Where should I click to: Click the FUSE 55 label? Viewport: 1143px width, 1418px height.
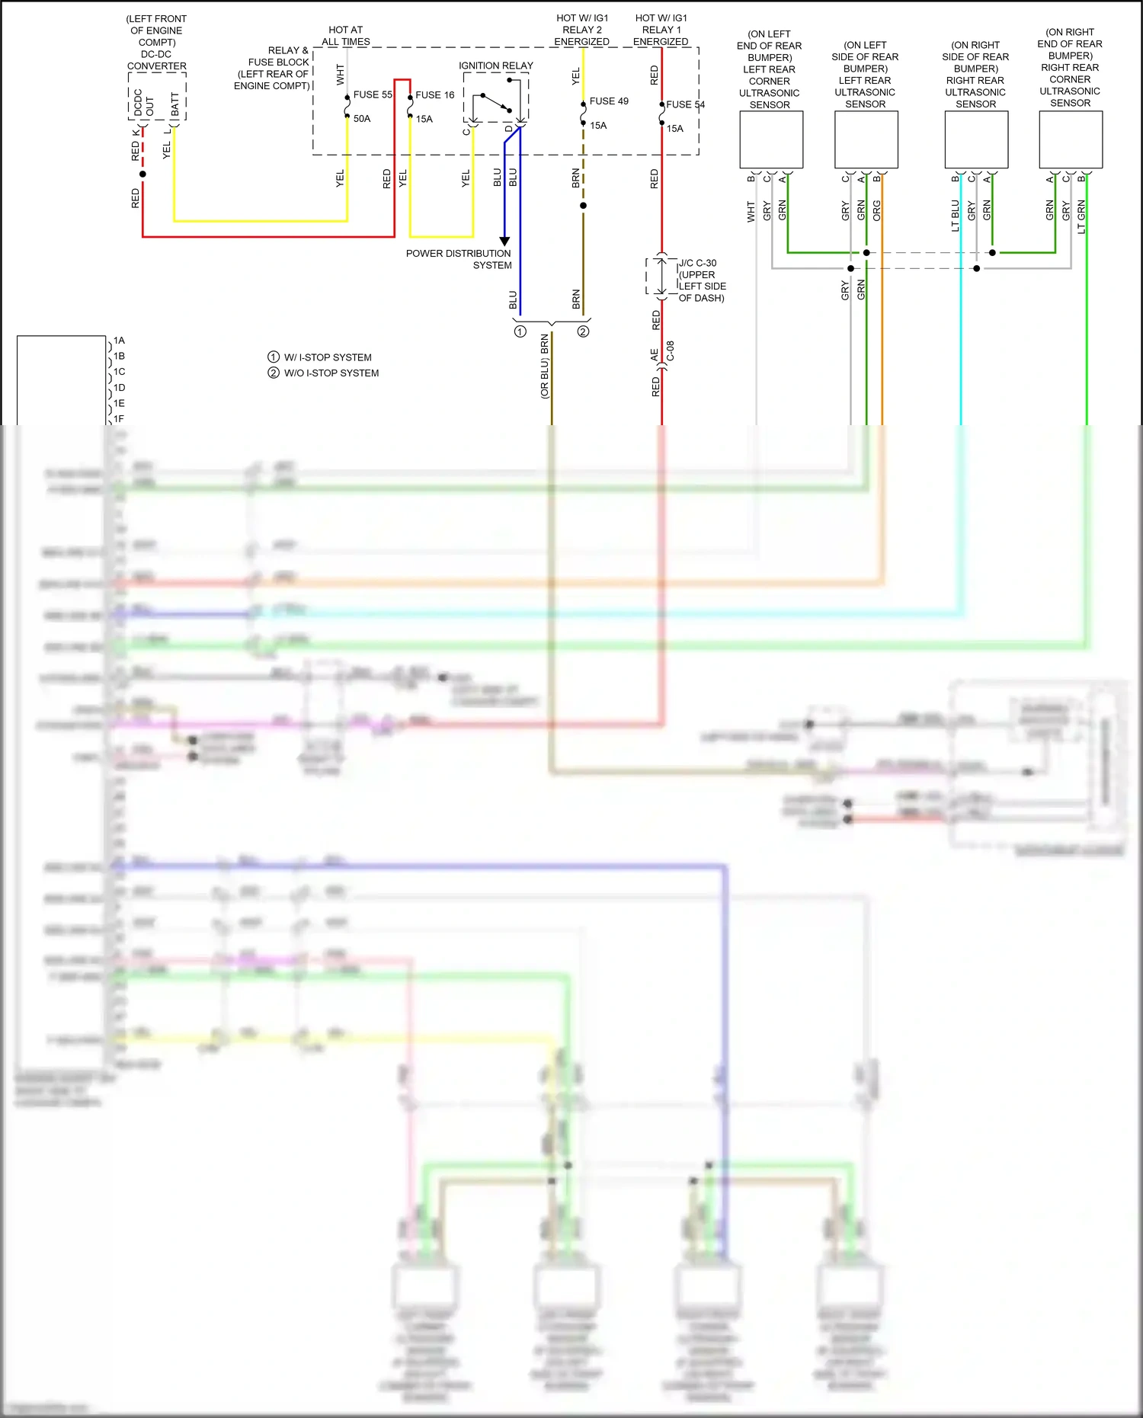[x=372, y=94]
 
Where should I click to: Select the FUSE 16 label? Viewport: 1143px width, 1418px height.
[x=434, y=94]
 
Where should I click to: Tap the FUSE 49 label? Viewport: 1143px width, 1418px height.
[x=609, y=101]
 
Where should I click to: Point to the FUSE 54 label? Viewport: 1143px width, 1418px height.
[x=685, y=104]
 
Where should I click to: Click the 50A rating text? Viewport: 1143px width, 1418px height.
[x=362, y=119]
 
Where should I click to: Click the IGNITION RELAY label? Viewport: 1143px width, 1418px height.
[x=496, y=66]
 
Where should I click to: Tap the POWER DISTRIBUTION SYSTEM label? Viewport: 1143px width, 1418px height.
[x=459, y=259]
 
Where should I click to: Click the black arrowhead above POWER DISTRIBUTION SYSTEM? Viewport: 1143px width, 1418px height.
[x=504, y=241]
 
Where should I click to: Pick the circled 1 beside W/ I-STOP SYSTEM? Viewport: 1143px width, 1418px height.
[x=274, y=357]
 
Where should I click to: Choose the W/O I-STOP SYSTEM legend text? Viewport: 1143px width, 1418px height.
[x=331, y=373]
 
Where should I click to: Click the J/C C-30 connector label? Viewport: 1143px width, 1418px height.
[x=697, y=263]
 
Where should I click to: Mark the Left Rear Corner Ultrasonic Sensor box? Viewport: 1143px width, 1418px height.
[x=771, y=140]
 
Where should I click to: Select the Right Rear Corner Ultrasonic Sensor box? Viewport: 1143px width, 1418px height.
[x=1071, y=140]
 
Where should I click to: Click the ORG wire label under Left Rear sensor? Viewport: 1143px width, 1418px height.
[x=877, y=210]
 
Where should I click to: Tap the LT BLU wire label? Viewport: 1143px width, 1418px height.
[x=956, y=215]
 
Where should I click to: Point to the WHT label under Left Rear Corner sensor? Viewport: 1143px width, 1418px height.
[x=751, y=212]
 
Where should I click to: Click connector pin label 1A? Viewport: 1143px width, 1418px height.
[x=119, y=341]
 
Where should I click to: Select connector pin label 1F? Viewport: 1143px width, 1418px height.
[x=119, y=419]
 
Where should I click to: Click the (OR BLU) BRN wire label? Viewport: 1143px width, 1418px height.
[x=545, y=366]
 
